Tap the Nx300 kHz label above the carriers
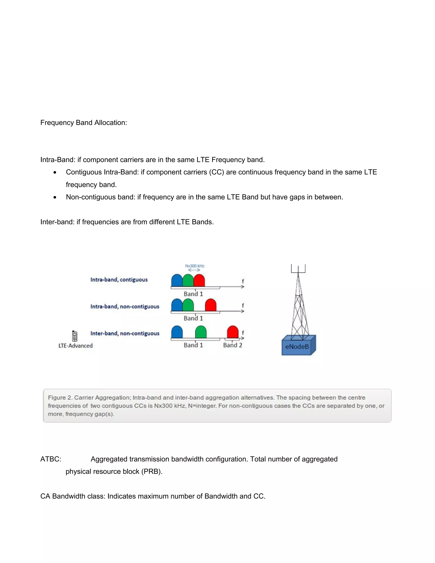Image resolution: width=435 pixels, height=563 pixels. pyautogui.click(x=195, y=266)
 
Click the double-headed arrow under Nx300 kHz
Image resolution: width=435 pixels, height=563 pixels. pyautogui.click(x=194, y=270)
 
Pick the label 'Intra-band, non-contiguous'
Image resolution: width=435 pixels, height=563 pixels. pyautogui.click(x=125, y=307)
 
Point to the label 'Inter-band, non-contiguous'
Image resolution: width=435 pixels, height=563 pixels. pyautogui.click(x=125, y=333)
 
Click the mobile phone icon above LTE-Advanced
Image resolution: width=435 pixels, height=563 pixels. pyautogui.click(x=75, y=336)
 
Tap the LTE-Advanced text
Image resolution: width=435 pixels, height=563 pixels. pyautogui.click(x=75, y=346)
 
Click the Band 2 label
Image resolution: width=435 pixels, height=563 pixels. pyautogui.click(x=232, y=345)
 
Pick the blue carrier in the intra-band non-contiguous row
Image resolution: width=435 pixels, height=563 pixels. pyautogui.click(x=177, y=305)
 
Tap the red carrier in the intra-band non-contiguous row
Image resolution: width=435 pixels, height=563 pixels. pyautogui.click(x=210, y=305)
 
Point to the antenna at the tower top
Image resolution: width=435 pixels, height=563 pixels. pyautogui.click(x=298, y=269)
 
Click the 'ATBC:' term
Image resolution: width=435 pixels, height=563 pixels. pyautogui.click(x=51, y=459)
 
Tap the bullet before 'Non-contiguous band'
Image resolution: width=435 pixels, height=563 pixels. pyautogui.click(x=55, y=197)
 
